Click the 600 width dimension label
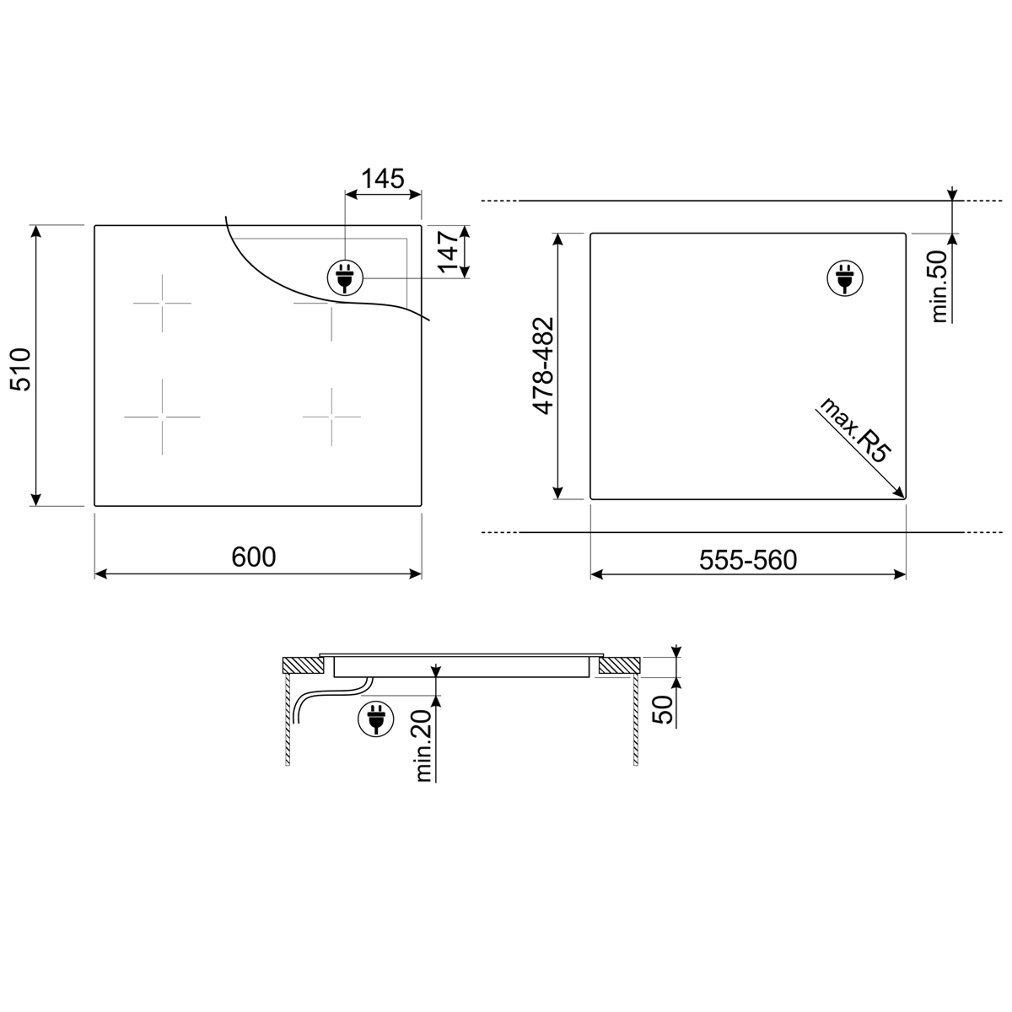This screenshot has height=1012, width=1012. coord(254,557)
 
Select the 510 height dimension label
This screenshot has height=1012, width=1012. coord(22,369)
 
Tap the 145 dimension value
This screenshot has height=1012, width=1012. coord(383,179)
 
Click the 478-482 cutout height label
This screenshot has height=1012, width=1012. coord(544,366)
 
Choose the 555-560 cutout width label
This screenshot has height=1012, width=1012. coord(748,560)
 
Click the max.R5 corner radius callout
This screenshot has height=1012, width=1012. coord(855,430)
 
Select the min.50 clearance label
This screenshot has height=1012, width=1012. coord(939,286)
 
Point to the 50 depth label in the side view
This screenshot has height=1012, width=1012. coord(664,710)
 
